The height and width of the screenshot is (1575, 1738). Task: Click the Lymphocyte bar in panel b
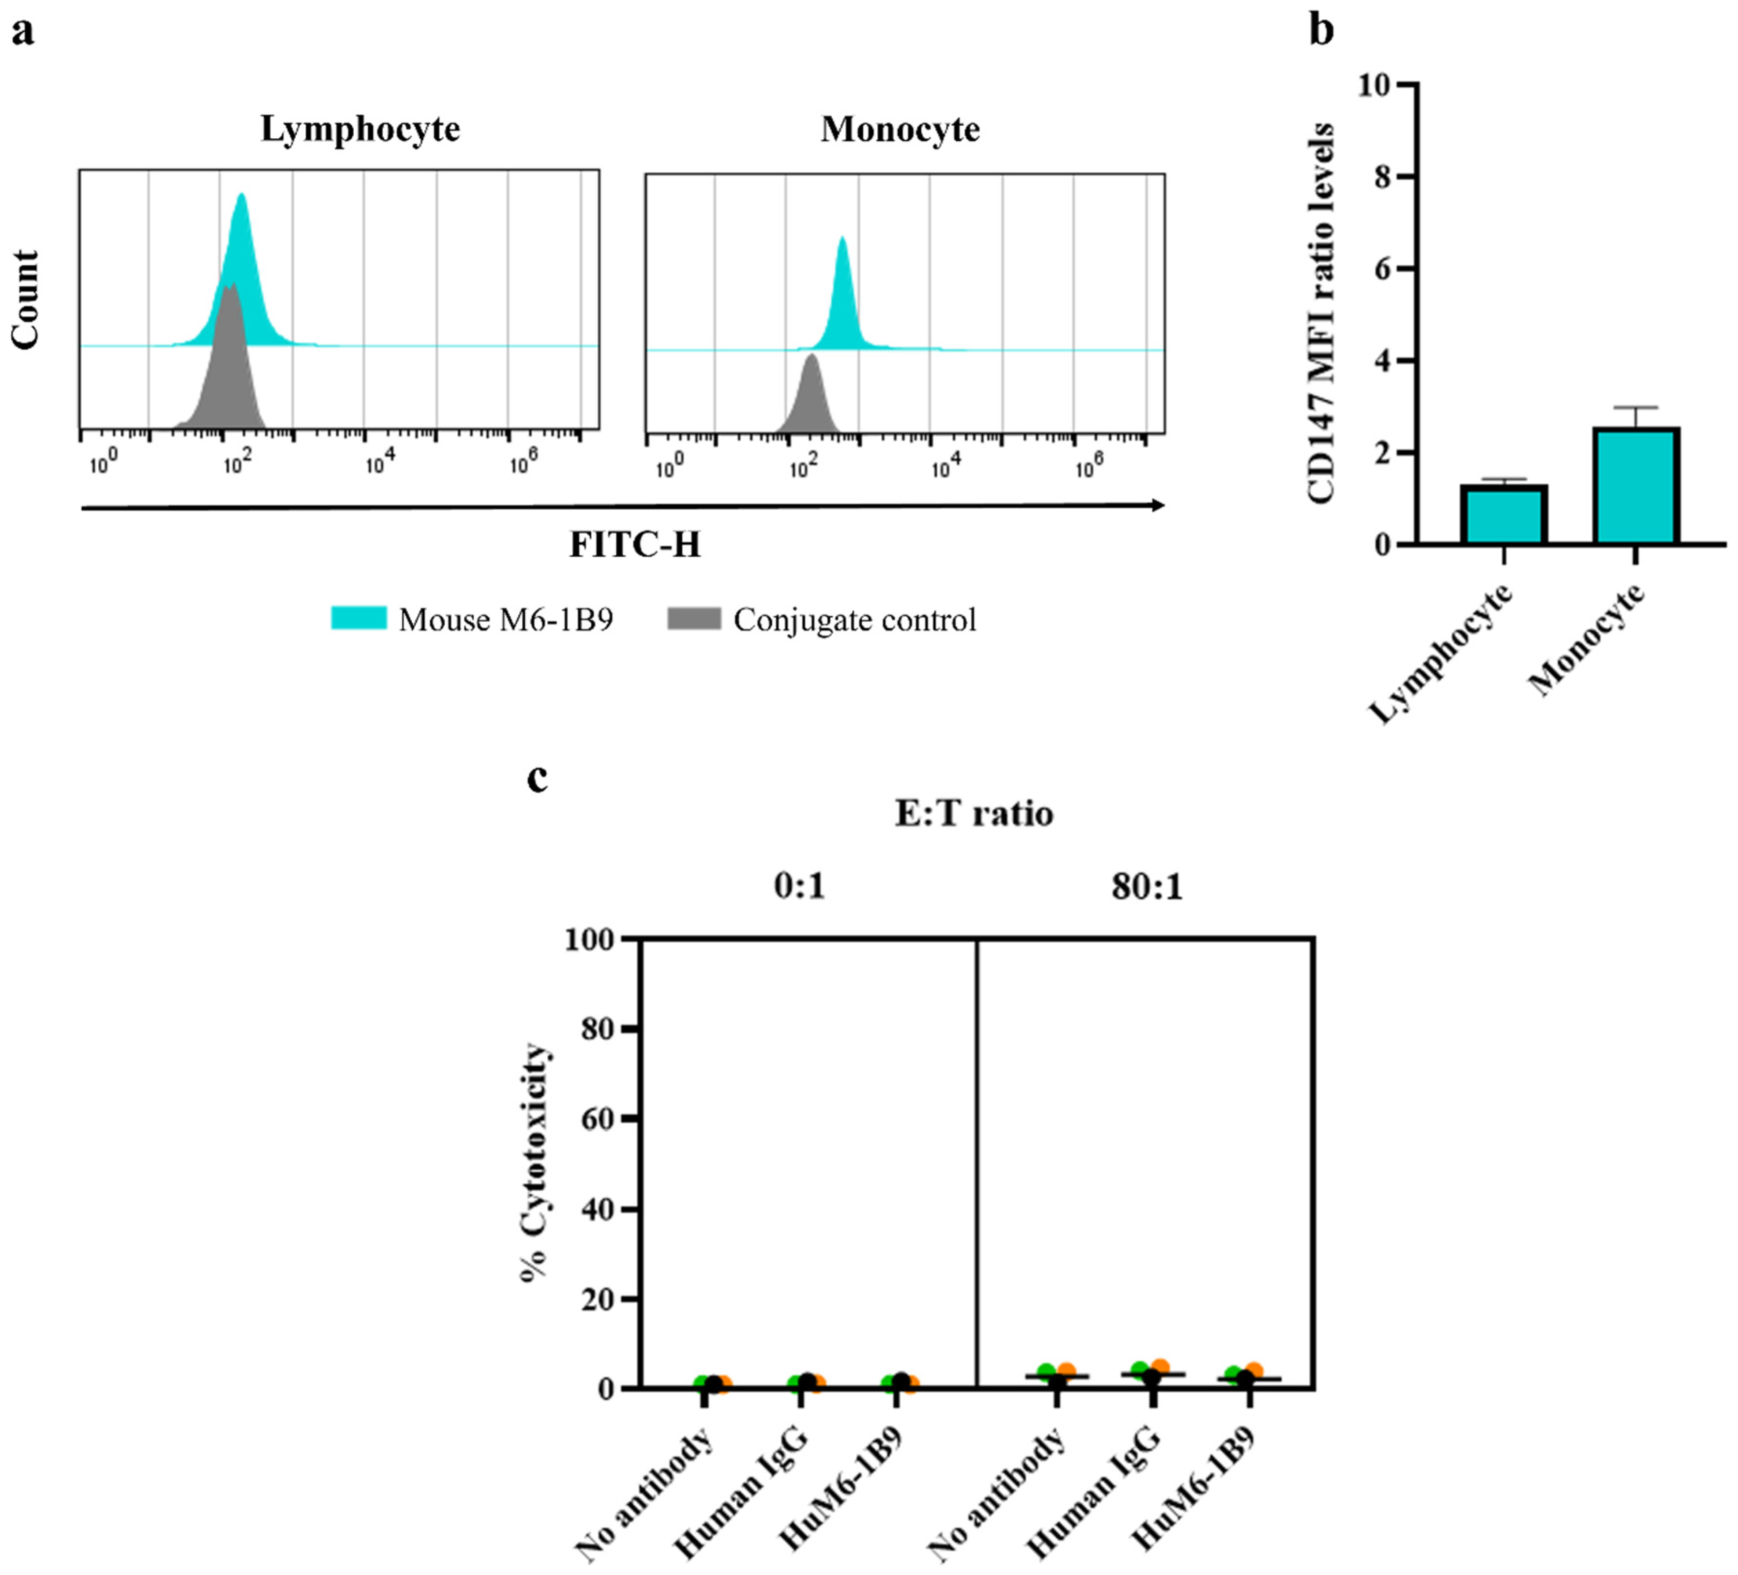pos(1503,515)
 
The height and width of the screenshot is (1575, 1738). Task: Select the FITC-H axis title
pos(635,545)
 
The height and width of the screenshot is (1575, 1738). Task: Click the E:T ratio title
pos(974,813)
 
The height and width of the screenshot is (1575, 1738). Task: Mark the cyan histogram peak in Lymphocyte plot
pos(241,196)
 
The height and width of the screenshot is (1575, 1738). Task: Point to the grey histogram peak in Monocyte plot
pos(810,356)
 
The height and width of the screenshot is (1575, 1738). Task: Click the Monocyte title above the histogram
pos(900,129)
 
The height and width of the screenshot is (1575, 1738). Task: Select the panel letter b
pos(1321,30)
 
